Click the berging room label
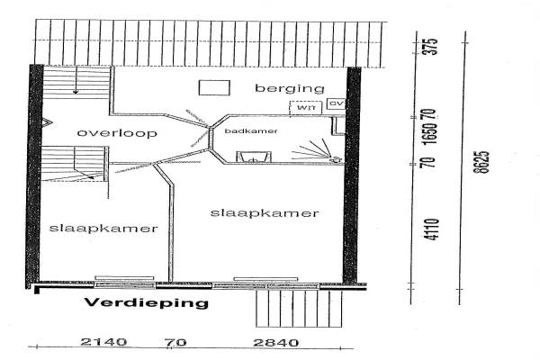[x=289, y=88]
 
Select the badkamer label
[x=249, y=131]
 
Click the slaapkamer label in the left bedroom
[x=104, y=228]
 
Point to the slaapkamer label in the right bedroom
[x=265, y=213]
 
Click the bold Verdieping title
[x=146, y=303]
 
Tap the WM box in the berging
[x=306, y=107]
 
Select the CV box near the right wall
[x=337, y=105]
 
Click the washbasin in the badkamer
[x=252, y=158]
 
